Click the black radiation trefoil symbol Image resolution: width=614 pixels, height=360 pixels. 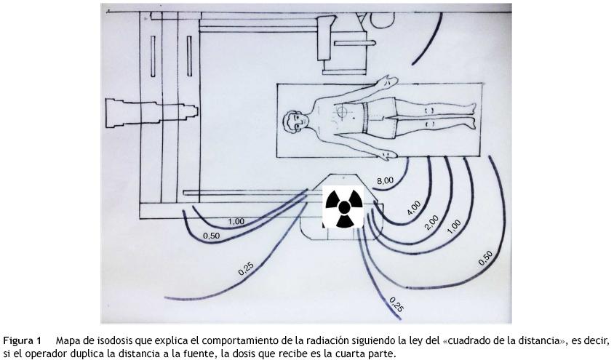pyautogui.click(x=343, y=208)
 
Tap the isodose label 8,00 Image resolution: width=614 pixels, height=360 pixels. pyautogui.click(x=385, y=181)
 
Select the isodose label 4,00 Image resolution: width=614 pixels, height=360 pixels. pyautogui.click(x=414, y=208)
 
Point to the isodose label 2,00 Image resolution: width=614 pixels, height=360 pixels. pyautogui.click(x=431, y=223)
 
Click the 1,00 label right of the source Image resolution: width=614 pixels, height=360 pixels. pyautogui.click(x=454, y=227)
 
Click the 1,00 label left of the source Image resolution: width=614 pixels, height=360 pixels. pyautogui.click(x=236, y=222)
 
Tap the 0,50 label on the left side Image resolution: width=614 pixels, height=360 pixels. pyautogui.click(x=212, y=236)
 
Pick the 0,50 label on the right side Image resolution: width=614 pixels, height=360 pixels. pyautogui.click(x=485, y=258)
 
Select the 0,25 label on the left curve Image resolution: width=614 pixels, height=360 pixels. pyautogui.click(x=246, y=268)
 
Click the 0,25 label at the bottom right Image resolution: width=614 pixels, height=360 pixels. pyautogui.click(x=396, y=305)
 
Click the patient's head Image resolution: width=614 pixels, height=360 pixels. pyautogui.click(x=294, y=122)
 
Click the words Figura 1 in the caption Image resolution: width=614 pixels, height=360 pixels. pyautogui.click(x=22, y=340)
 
